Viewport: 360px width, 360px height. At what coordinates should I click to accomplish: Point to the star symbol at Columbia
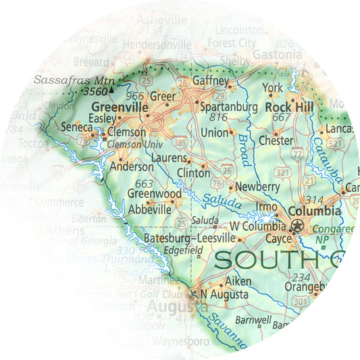tap(294, 228)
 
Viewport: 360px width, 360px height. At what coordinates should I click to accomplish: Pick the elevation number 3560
tap(94, 91)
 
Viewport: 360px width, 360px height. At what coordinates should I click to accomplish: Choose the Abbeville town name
tap(149, 209)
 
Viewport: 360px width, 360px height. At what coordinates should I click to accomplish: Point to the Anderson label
tap(132, 166)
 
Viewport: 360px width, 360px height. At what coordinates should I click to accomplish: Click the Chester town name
tap(276, 141)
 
